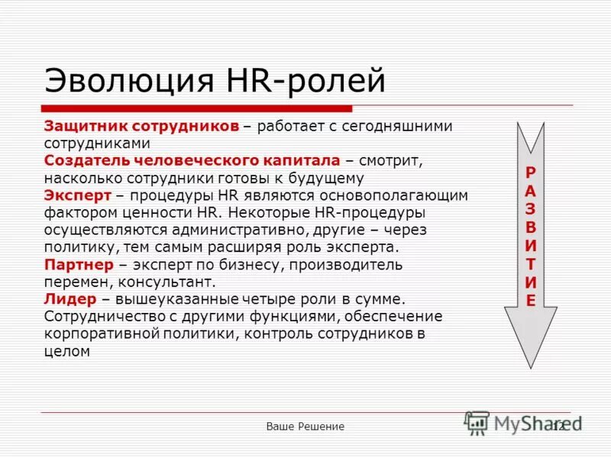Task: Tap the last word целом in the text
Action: pos(68,351)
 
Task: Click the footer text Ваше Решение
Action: pos(305,426)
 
